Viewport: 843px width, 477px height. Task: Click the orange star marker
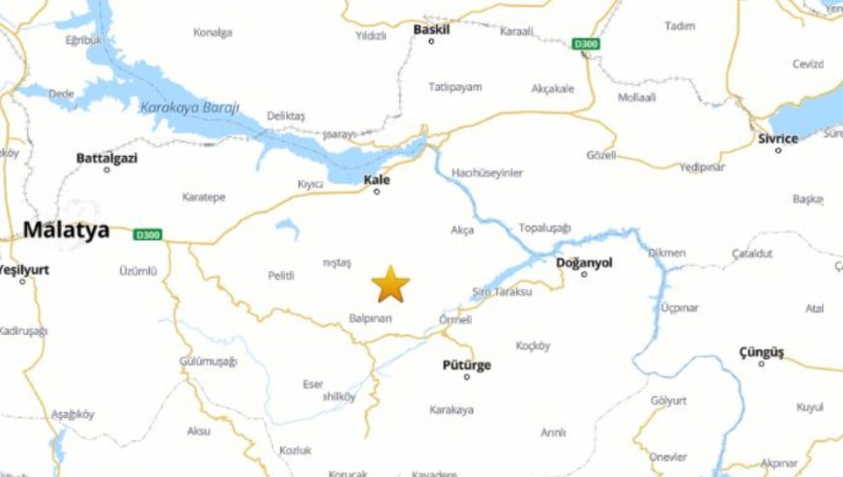pos(391,283)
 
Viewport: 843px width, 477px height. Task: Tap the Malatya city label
pos(66,230)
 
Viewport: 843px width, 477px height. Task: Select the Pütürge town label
pos(466,364)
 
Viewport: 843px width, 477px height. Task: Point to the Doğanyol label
pos(584,262)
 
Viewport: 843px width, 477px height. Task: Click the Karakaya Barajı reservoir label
pos(189,107)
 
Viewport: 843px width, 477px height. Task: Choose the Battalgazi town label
pos(106,157)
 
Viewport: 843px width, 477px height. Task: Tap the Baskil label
pos(431,29)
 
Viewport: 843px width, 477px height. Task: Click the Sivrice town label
pos(777,138)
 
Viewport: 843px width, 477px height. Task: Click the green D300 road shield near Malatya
pos(147,234)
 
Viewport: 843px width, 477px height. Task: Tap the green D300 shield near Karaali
pos(584,44)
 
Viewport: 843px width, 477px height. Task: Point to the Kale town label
pos(377,179)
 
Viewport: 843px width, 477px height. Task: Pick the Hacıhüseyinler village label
pos(487,172)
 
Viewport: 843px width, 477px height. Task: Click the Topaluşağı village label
pos(545,227)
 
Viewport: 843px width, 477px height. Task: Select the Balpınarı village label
pos(369,317)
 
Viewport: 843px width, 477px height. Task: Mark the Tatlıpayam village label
pos(454,87)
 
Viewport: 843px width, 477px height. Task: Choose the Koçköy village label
pos(533,345)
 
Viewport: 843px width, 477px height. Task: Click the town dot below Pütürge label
pos(466,376)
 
